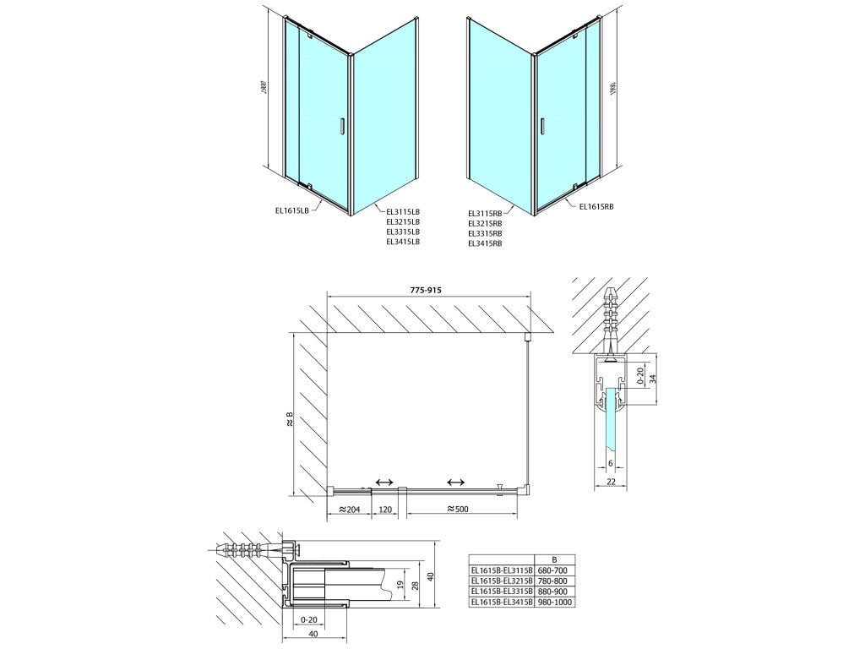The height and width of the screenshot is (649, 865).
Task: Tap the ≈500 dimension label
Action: (456, 510)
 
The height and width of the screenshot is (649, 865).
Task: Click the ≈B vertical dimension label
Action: (289, 420)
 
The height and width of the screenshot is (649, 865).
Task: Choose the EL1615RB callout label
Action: (596, 205)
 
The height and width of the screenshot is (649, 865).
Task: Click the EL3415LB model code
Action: (402, 242)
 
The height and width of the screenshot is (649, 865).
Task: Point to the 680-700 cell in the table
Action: (553, 570)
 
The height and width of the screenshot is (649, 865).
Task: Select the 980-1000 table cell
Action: (553, 602)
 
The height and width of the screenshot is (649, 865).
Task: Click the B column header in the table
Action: (553, 559)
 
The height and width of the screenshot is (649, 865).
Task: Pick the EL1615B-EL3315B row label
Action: (501, 592)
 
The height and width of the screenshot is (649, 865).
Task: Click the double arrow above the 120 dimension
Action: (384, 482)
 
